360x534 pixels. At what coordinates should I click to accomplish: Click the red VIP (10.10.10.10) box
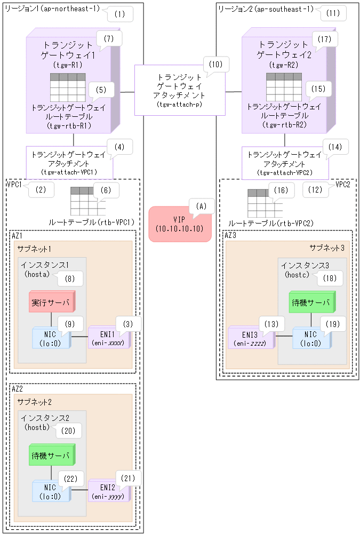click(180, 224)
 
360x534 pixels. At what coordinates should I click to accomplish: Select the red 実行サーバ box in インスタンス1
click(51, 302)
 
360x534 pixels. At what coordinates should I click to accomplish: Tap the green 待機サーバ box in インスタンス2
click(51, 456)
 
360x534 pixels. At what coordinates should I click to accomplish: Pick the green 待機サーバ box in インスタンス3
click(311, 302)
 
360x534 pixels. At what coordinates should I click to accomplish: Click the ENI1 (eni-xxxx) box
click(108, 337)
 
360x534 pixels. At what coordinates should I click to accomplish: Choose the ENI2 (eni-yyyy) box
click(108, 491)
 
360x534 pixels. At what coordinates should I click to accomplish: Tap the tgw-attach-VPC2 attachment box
click(285, 163)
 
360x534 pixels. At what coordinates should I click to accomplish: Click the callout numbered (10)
click(215, 65)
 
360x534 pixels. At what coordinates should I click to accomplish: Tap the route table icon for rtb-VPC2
click(265, 202)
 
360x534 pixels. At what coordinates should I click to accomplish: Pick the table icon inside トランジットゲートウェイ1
click(67, 86)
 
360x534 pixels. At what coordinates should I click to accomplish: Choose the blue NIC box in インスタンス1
click(51, 337)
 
